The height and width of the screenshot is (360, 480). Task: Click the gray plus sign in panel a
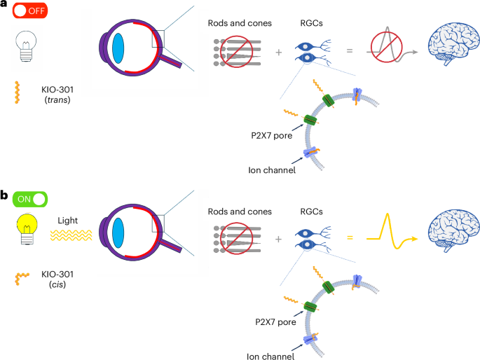coord(278,52)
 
